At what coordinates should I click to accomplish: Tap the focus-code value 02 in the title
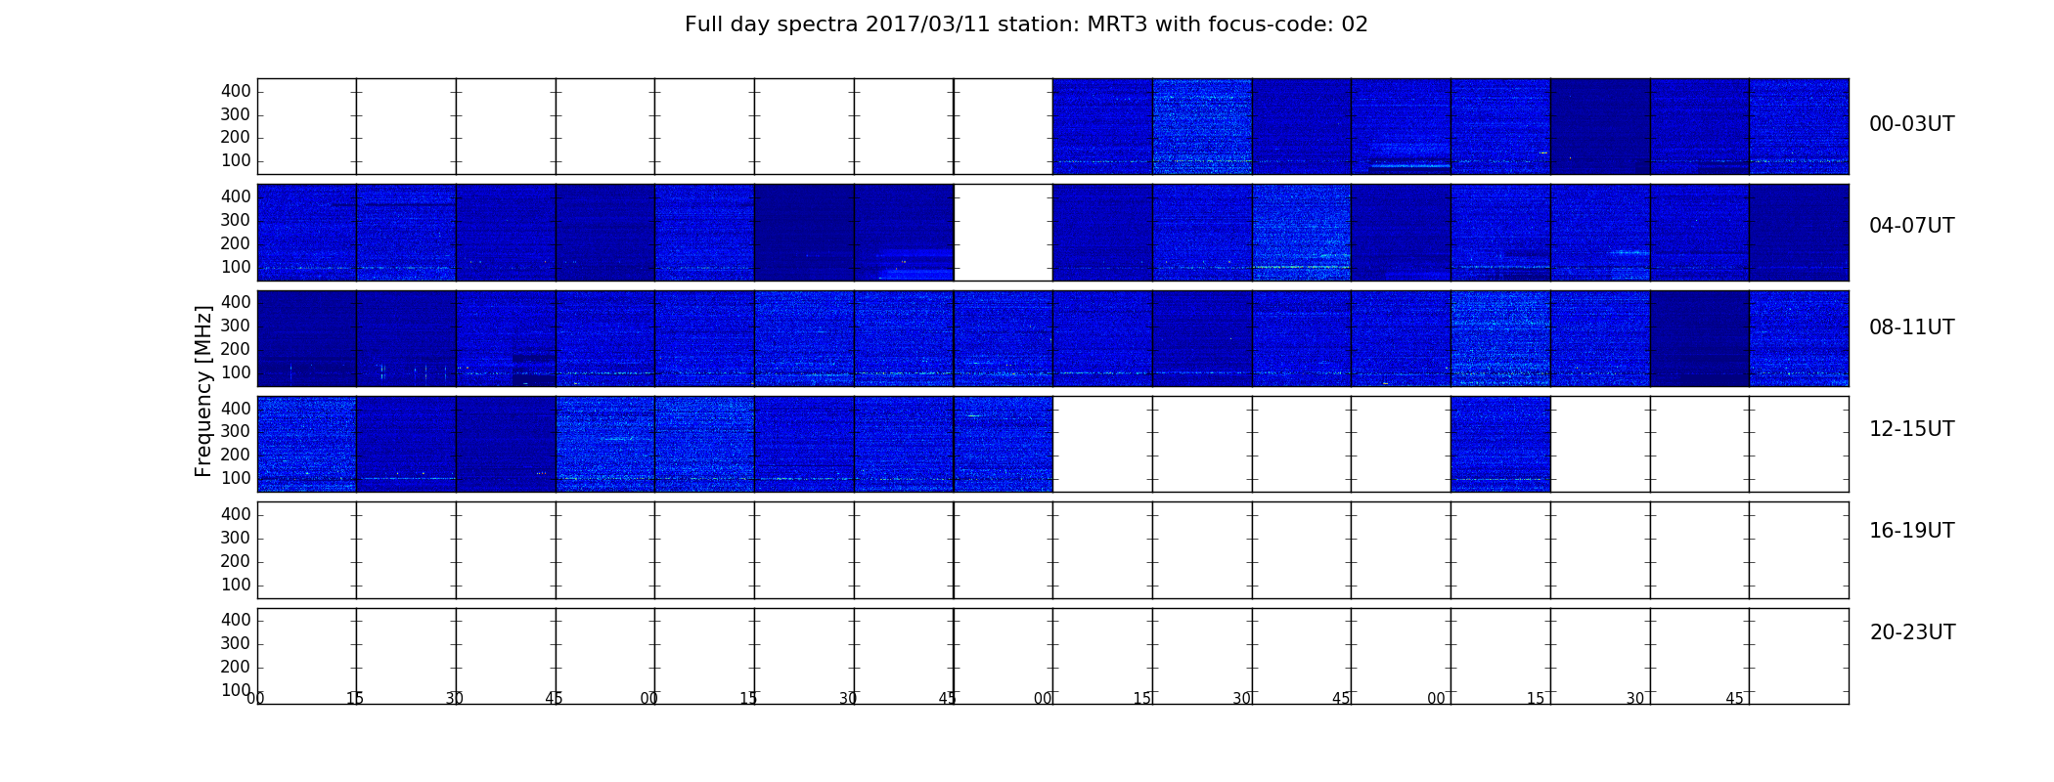[x=1355, y=24]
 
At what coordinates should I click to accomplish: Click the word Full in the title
[x=702, y=24]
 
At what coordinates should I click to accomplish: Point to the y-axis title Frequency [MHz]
[x=203, y=391]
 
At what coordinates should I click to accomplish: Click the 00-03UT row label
[x=1912, y=124]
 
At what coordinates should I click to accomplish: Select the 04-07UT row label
[x=1912, y=226]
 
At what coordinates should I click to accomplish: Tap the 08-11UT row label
[x=1912, y=327]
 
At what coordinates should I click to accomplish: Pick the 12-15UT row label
[x=1912, y=429]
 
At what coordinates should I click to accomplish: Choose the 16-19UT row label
[x=1912, y=531]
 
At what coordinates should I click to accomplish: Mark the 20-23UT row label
[x=1912, y=632]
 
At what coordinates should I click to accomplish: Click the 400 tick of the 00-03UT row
[x=236, y=91]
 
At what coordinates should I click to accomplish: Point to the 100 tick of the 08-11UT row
[x=236, y=372]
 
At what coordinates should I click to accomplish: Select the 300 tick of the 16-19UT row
[x=236, y=538]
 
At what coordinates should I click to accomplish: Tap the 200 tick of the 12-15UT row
[x=236, y=455]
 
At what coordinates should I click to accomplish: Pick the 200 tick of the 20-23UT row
[x=236, y=667]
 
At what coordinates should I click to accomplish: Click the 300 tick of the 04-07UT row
[x=236, y=220]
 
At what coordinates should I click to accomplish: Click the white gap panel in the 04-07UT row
[x=1004, y=233]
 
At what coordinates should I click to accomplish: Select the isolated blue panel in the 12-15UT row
[x=1500, y=444]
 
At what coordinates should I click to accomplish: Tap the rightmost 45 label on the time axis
[x=1734, y=699]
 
